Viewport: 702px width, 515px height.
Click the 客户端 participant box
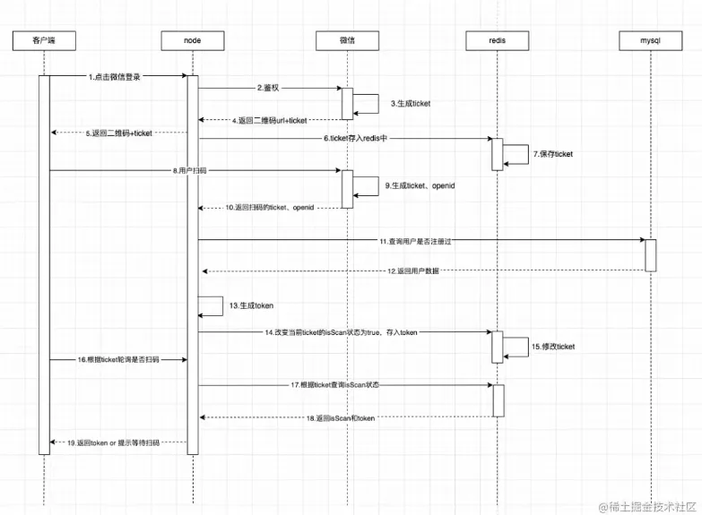(43, 40)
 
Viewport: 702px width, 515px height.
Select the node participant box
(192, 40)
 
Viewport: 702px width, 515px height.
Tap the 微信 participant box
(347, 40)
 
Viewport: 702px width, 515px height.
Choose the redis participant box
(497, 40)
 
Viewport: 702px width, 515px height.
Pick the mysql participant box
(651, 40)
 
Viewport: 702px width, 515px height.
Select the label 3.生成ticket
(411, 104)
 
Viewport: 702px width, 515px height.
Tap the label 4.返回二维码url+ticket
(270, 119)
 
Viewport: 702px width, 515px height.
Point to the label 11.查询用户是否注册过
(420, 240)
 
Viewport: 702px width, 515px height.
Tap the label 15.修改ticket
(553, 346)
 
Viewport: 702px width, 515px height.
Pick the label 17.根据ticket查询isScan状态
(334, 385)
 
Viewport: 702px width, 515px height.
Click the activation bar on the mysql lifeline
(651, 255)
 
